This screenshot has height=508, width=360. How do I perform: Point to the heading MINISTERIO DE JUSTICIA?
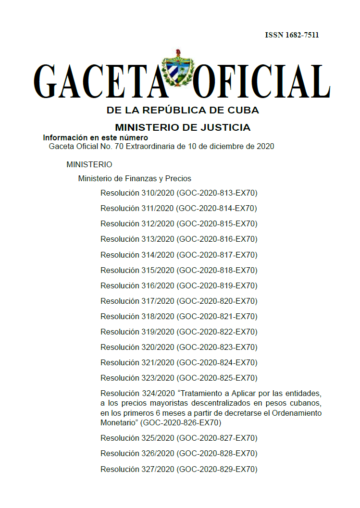[x=183, y=127]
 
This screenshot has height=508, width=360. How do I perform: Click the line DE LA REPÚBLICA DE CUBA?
[x=183, y=111]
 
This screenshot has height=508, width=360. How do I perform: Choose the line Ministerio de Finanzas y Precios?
[x=135, y=179]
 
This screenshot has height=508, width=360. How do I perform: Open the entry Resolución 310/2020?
[x=137, y=193]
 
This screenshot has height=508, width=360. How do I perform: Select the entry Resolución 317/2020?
[x=137, y=301]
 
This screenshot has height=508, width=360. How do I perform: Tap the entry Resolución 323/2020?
[x=137, y=378]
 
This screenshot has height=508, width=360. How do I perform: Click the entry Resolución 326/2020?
[x=137, y=454]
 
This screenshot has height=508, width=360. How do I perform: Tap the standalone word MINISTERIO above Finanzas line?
[x=89, y=165]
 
